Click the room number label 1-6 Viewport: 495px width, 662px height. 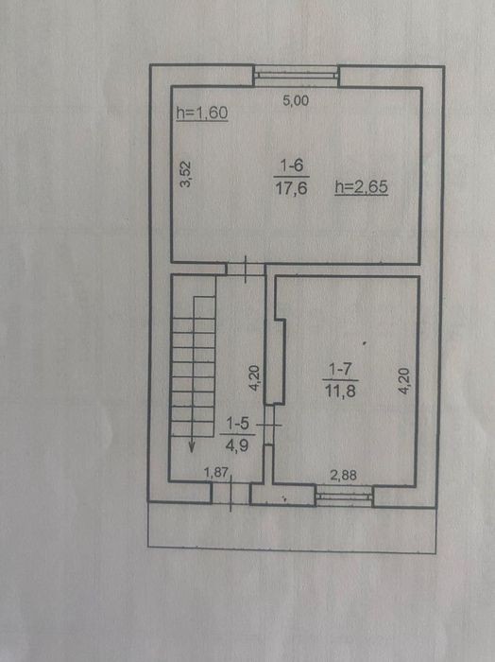tap(292, 165)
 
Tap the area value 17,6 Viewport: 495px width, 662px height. tap(291, 188)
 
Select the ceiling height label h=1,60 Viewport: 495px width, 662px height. tap(202, 113)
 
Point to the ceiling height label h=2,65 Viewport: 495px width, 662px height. tap(362, 186)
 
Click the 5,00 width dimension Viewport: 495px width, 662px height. tap(296, 100)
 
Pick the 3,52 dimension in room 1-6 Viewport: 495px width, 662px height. tap(185, 173)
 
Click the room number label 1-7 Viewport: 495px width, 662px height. tap(340, 370)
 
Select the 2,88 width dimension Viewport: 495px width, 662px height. tap(343, 476)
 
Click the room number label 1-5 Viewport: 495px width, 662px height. tap(237, 423)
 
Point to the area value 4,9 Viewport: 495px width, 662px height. tap(237, 445)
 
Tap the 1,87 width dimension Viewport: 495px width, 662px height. tap(216, 472)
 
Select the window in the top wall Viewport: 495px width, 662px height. tap(297, 76)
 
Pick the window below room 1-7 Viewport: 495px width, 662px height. tap(345, 496)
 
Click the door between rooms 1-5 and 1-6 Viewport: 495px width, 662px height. tap(246, 269)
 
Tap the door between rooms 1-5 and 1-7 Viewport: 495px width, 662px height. tap(269, 425)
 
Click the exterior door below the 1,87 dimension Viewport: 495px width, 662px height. tap(230, 493)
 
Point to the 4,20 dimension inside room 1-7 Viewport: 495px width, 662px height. tap(403, 381)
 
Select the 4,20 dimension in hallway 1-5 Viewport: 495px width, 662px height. tap(254, 378)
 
